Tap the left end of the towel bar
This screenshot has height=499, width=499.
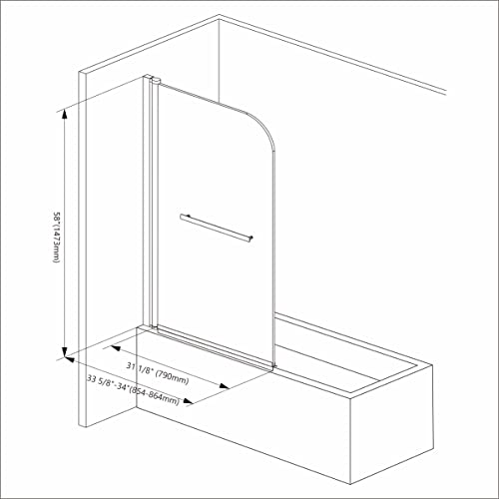tap(182, 216)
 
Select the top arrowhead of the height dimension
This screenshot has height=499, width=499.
tap(65, 112)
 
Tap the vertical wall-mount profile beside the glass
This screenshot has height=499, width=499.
tap(151, 200)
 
